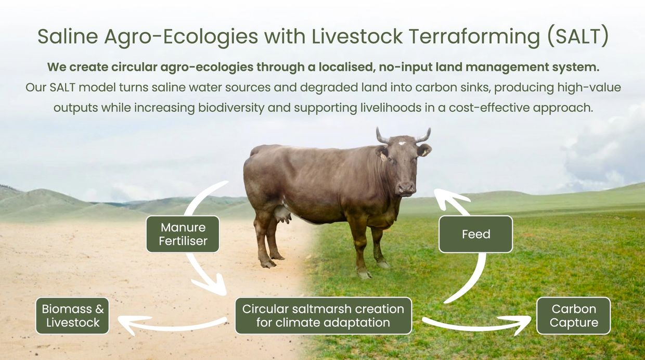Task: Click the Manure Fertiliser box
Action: click(183, 234)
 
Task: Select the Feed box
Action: click(475, 234)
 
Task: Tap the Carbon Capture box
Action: click(574, 316)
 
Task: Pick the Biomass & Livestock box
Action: click(73, 316)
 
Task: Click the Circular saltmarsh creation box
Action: click(324, 316)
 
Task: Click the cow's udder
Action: click(282, 214)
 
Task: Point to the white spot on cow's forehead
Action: click(402, 143)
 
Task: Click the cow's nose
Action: click(407, 189)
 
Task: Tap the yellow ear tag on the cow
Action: click(383, 157)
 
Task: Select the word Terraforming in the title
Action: click(474, 37)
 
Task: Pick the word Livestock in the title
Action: click(357, 36)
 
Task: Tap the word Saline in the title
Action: click(68, 36)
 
